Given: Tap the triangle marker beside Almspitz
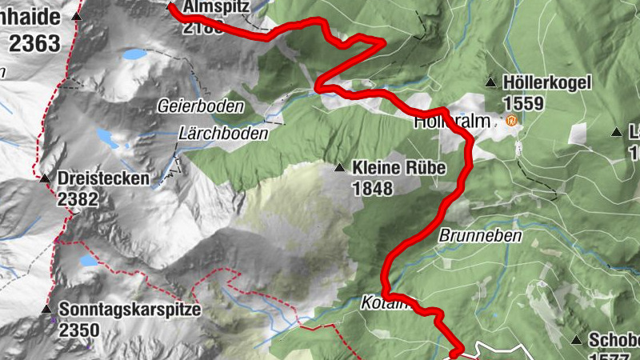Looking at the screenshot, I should (170, 6).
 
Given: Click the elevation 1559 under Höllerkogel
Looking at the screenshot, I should (524, 103).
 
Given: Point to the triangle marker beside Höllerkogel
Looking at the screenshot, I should (491, 82).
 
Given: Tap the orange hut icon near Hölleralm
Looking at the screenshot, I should (510, 122).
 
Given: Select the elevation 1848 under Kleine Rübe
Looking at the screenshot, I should (372, 189).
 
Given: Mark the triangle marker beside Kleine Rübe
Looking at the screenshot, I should (340, 168).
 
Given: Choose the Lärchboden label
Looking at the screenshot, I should (223, 134).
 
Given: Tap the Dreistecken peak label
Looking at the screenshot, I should (103, 178).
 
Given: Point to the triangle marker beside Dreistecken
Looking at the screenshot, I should (46, 178).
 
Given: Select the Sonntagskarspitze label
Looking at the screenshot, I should (129, 310).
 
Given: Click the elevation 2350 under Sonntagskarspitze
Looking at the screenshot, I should (79, 330).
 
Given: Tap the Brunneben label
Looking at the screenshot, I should (480, 236).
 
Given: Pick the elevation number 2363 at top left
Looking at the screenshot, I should (35, 42).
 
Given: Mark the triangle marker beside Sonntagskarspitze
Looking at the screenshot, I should (46, 309).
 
